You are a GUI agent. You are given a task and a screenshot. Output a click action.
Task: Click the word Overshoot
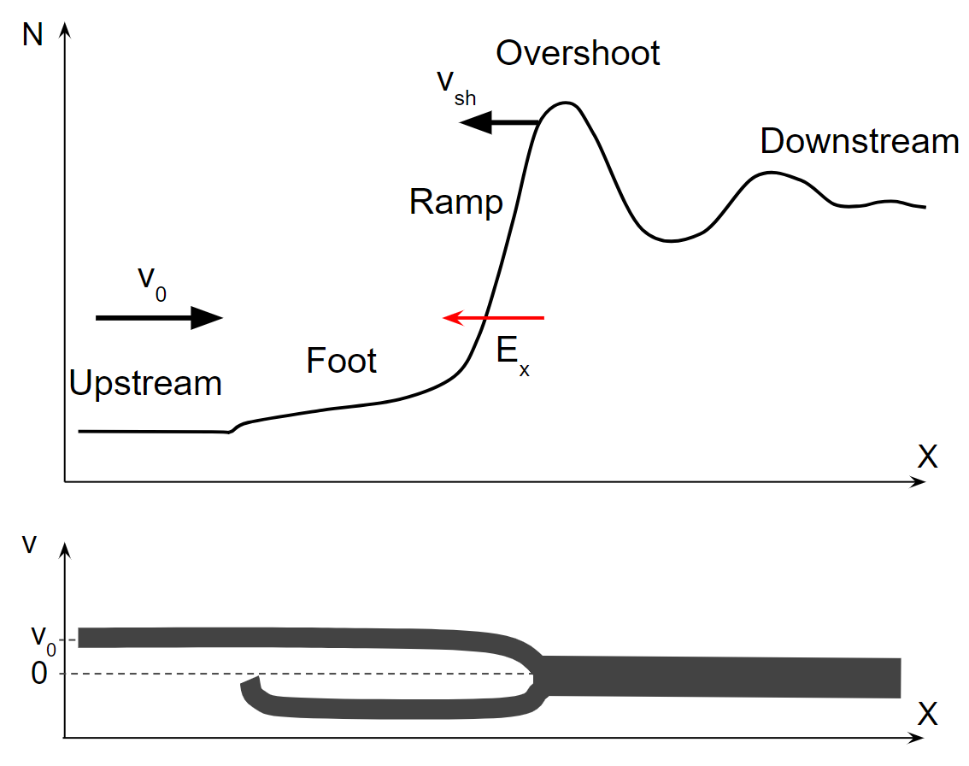(578, 53)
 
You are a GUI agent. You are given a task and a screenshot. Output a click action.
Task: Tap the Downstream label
(859, 141)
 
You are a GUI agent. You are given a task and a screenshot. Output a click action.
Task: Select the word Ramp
(455, 203)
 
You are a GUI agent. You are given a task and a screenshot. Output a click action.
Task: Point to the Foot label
(341, 361)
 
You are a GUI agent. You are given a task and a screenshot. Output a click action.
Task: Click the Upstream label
(145, 384)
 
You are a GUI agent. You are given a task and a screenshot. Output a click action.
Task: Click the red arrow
(493, 318)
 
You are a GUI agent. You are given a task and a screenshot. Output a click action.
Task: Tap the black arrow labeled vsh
(499, 124)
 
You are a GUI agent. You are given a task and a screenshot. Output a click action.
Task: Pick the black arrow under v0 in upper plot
(159, 318)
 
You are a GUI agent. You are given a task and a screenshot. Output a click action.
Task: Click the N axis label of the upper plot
(33, 37)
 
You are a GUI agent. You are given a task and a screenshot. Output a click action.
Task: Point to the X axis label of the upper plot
(927, 457)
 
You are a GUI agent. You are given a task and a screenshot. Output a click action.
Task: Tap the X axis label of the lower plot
(927, 713)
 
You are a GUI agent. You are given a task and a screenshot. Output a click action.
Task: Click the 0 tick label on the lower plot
(39, 674)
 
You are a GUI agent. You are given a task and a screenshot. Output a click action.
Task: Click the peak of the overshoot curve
(564, 103)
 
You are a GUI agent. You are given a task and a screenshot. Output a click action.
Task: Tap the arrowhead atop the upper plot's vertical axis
(66, 32)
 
